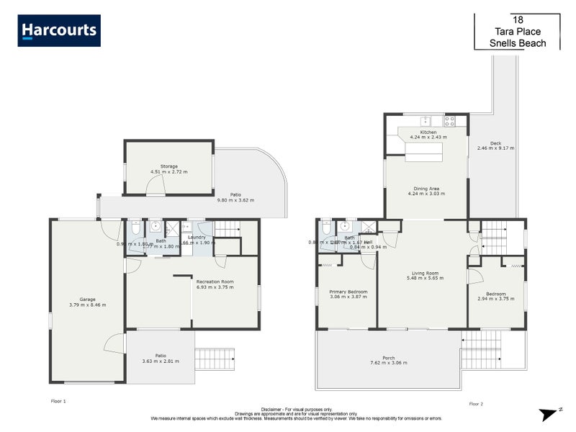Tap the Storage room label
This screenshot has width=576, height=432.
tap(168, 166)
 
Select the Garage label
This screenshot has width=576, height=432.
tap(88, 300)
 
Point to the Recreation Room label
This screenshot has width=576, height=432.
tap(215, 282)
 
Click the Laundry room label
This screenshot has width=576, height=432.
tap(197, 237)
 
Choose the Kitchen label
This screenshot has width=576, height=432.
tap(428, 132)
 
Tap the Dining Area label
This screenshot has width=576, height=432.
tap(428, 189)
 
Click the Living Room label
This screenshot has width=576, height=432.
tap(425, 273)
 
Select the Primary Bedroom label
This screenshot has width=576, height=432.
tap(348, 292)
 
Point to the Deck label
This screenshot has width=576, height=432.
tap(495, 143)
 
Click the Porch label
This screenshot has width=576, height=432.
tap(388, 358)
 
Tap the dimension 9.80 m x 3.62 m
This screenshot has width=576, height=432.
tap(235, 200)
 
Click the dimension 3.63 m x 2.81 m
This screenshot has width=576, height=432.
tap(161, 361)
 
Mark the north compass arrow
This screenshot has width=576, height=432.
tap(549, 413)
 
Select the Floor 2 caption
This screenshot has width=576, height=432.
tap(477, 404)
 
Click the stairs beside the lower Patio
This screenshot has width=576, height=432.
tap(215, 356)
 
